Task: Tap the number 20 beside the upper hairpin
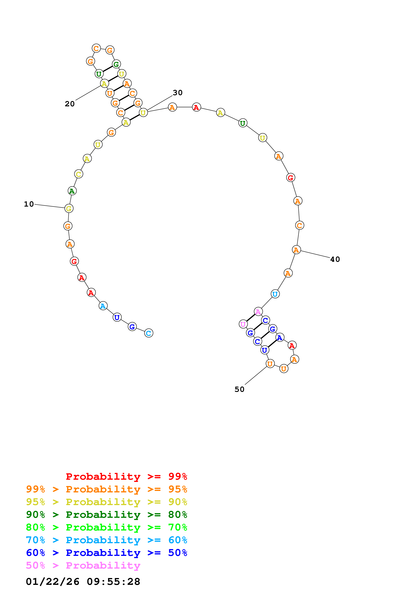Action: coord(70,104)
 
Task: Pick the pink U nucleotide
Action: coord(243,324)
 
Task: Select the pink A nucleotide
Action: coord(258,312)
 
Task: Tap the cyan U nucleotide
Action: coord(275,294)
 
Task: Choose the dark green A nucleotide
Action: coord(72,191)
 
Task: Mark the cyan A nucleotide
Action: coord(103,306)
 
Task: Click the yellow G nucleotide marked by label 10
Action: coord(69,208)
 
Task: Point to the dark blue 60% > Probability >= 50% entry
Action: coord(106,553)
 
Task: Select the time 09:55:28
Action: coord(113,582)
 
